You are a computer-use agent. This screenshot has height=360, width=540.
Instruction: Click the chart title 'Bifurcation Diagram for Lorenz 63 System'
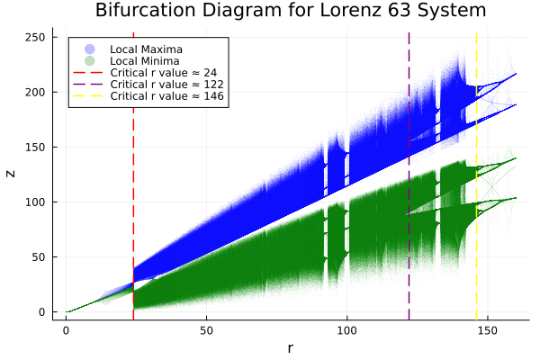point(291,12)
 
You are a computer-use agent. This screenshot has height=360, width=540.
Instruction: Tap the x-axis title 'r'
point(290,347)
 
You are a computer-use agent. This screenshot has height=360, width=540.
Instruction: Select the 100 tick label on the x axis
point(347,329)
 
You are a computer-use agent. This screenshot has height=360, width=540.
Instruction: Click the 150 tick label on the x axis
point(488,329)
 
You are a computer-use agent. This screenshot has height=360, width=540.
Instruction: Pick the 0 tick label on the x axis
point(66,329)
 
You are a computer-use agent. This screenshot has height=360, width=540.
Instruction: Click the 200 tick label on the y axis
point(37,92)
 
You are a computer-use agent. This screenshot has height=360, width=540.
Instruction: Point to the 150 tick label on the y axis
point(37,147)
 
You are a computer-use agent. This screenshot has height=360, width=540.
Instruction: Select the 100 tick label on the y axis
point(37,202)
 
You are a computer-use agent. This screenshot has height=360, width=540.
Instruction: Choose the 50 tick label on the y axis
point(40,256)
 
